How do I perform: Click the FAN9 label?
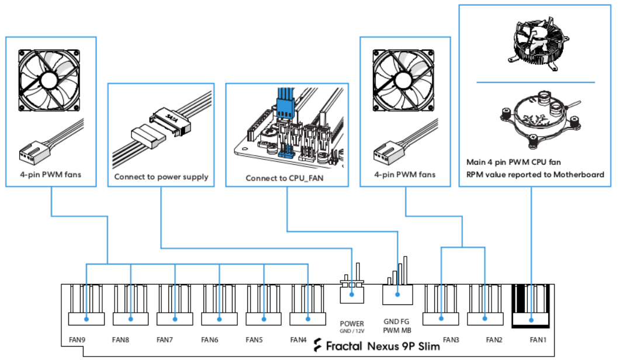tap(77, 339)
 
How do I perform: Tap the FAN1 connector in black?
tap(531, 307)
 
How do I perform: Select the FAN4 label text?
tap(299, 339)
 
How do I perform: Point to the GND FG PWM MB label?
tap(397, 326)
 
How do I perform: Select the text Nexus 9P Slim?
tap(403, 346)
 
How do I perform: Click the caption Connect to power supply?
tap(161, 176)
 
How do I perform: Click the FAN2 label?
tap(494, 339)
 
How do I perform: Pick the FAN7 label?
tap(165, 339)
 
